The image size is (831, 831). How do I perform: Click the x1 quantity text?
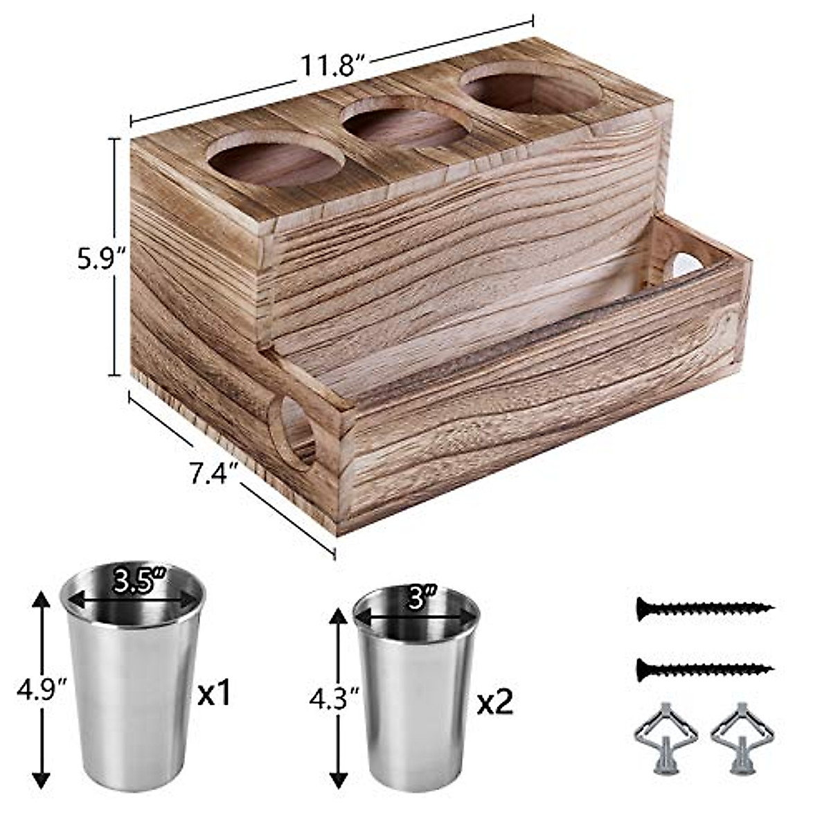coord(214,692)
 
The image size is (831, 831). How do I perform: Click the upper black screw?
coord(706,608)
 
